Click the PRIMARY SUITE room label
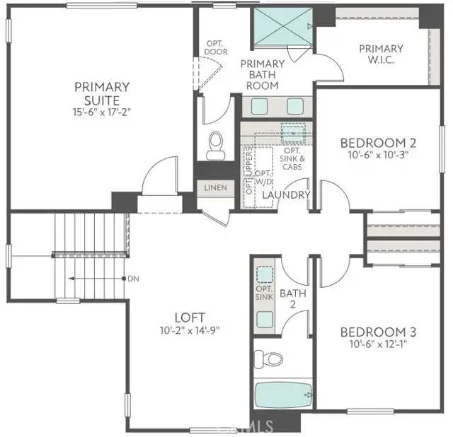pyautogui.click(x=103, y=93)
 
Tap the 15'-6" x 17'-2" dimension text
pyautogui.click(x=103, y=112)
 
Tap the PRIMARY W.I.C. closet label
pyautogui.click(x=381, y=54)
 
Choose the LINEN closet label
pyautogui.click(x=215, y=187)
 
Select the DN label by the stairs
pyautogui.click(x=133, y=279)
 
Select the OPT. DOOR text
pyautogui.click(x=215, y=48)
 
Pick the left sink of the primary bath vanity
pyautogui.click(x=259, y=106)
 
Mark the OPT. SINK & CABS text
pyautogui.click(x=293, y=159)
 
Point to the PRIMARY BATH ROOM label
pyautogui.click(x=262, y=74)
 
